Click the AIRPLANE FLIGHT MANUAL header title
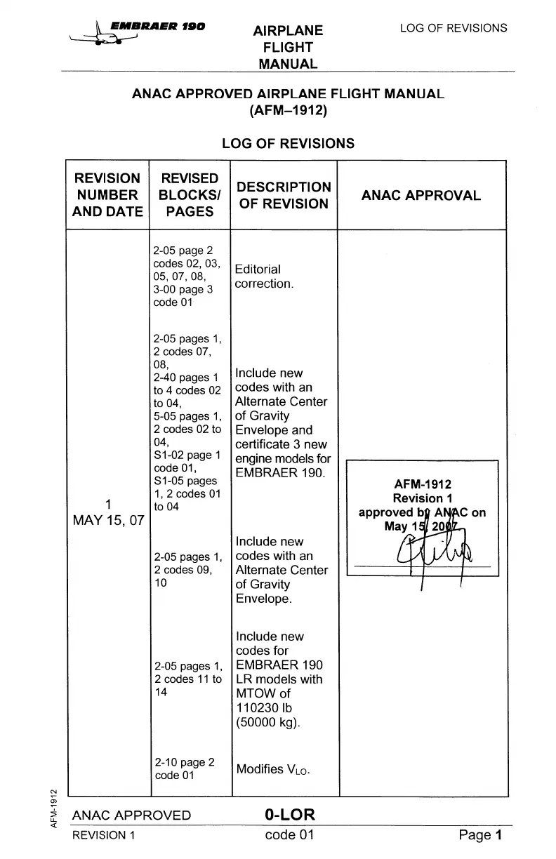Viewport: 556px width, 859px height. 288,48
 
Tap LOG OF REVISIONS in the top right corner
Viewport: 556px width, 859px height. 453,28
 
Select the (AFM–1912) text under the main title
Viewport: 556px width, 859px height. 288,110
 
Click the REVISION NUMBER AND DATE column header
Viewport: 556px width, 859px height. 107,195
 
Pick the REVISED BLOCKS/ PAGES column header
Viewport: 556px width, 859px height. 190,195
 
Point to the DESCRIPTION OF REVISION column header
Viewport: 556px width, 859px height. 284,195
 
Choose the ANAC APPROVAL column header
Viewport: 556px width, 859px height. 421,196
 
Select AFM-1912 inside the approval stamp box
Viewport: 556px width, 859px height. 423,484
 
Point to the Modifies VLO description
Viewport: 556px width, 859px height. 273,769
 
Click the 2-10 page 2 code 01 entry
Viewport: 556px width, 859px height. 184,768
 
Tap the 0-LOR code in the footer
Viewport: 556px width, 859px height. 290,815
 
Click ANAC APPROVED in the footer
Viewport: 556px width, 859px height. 131,815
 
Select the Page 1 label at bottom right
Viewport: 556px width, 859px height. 481,835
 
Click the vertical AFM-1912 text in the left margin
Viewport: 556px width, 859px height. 53,808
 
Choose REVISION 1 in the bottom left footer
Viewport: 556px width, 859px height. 103,835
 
